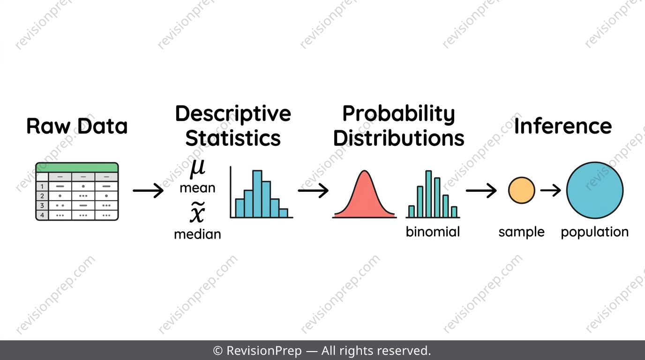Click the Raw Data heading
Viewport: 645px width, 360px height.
coord(77,126)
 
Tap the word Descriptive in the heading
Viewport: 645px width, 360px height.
coord(233,114)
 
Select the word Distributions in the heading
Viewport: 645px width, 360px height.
coord(398,138)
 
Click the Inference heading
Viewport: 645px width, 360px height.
coord(563,126)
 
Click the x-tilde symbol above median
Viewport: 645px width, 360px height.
coord(197,212)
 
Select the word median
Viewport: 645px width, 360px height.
coord(197,234)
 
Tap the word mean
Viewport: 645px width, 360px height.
coord(197,188)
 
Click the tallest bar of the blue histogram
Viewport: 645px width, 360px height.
coord(257,194)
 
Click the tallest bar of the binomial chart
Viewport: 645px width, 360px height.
coord(428,194)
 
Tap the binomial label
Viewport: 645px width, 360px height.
coord(433,232)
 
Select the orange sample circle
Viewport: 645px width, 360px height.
coord(521,190)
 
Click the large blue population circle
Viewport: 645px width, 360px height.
coord(595,190)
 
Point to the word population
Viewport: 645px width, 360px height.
coord(594,232)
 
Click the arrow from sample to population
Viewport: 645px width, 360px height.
coord(551,190)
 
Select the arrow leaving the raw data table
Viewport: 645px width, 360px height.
coord(148,190)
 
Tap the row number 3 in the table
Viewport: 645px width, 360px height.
coord(42,205)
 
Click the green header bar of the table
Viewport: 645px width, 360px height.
coord(77,167)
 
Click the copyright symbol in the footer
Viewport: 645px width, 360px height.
coord(217,351)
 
